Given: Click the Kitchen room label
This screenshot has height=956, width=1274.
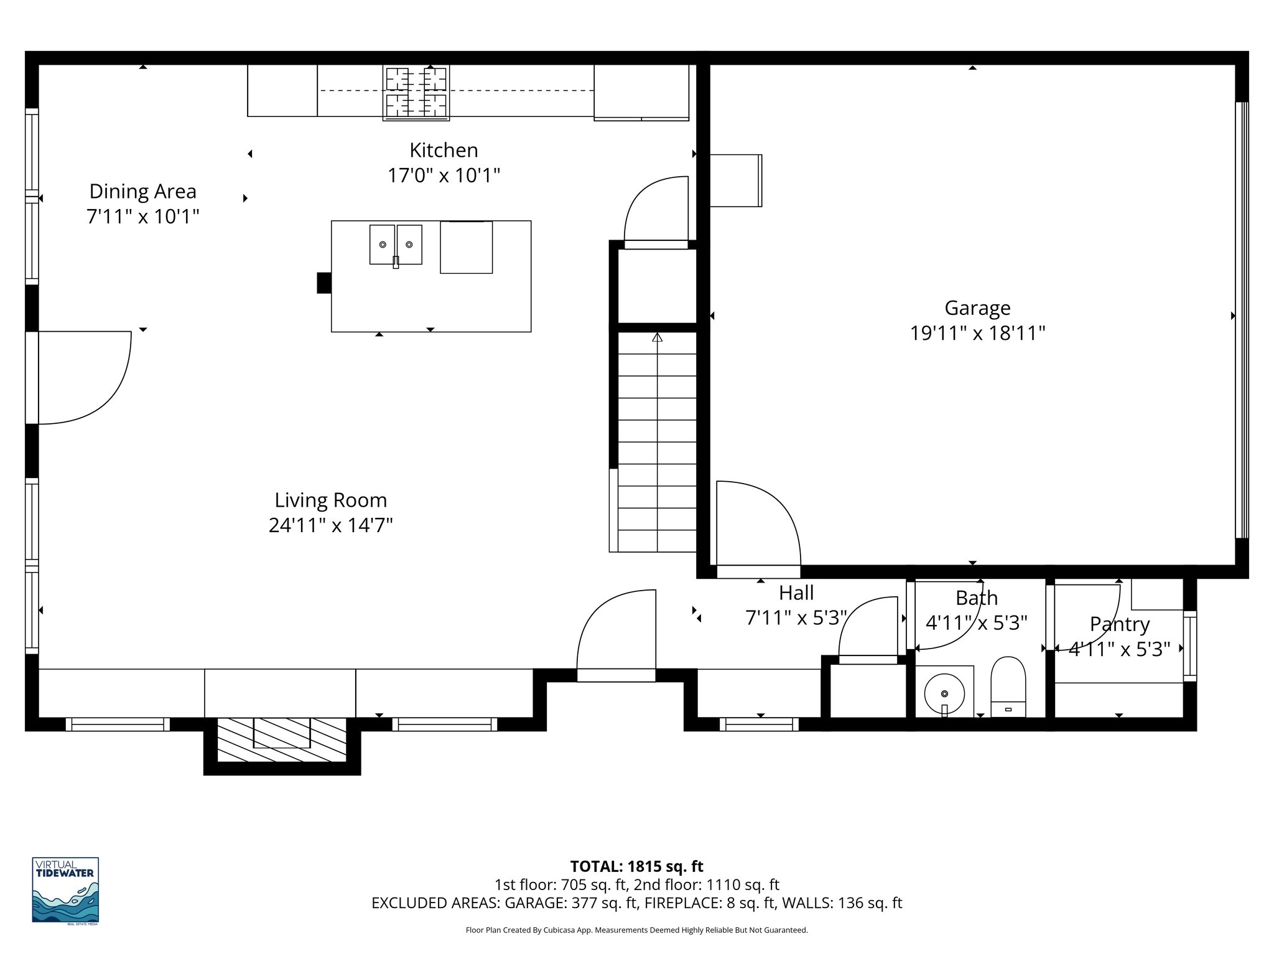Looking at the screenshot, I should (444, 150).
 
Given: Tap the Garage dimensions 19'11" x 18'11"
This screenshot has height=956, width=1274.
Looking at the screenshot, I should (977, 334).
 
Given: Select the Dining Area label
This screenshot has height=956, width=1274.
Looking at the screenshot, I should (142, 191).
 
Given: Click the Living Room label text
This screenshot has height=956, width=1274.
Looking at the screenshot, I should (331, 500).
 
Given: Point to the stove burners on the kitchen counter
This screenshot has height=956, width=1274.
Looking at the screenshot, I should (416, 92).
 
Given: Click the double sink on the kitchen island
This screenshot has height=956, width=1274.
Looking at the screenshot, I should (396, 245).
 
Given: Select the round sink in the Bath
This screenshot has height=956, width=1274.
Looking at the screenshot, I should (944, 693).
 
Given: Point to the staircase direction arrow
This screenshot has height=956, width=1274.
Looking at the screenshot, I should (658, 338).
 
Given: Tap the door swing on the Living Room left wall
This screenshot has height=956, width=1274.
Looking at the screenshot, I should (84, 377).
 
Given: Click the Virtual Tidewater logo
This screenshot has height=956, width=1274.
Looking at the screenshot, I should (65, 891).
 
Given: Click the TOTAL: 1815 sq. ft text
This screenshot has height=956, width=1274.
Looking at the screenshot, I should (636, 866).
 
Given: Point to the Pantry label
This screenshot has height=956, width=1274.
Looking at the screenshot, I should (1119, 624).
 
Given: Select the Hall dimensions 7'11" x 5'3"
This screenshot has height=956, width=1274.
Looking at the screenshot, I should (796, 618).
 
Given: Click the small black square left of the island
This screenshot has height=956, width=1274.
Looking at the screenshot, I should (324, 283).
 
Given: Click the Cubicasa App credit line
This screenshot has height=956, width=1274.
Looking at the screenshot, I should (636, 930).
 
